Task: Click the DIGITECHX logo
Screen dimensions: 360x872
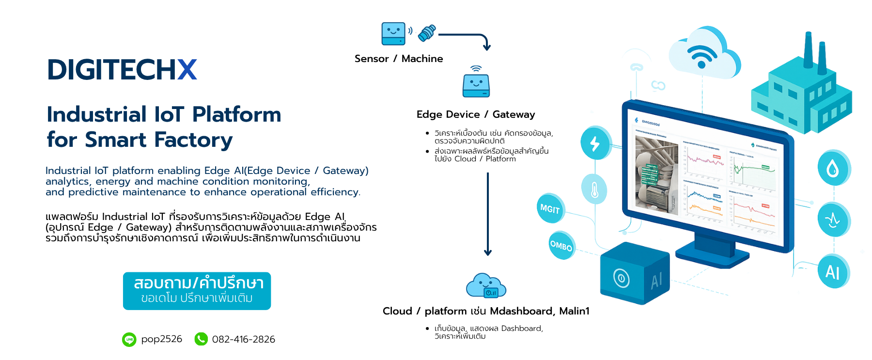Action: click(122, 70)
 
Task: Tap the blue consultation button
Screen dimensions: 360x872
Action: click(197, 291)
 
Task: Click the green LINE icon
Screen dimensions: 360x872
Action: click(129, 340)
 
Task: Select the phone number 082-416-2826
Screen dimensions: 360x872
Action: click(243, 340)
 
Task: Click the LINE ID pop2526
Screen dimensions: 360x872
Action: click(161, 339)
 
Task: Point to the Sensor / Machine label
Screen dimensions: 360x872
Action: click(398, 59)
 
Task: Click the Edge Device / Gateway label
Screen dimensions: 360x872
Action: click(475, 114)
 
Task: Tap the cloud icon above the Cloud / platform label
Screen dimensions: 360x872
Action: click(486, 285)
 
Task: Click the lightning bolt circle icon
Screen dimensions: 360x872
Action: click(595, 143)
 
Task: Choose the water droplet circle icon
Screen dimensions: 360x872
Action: click(833, 168)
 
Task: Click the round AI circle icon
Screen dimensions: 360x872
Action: click(833, 271)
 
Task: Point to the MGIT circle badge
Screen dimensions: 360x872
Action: click(550, 209)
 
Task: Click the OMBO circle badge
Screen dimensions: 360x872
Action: click(561, 246)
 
